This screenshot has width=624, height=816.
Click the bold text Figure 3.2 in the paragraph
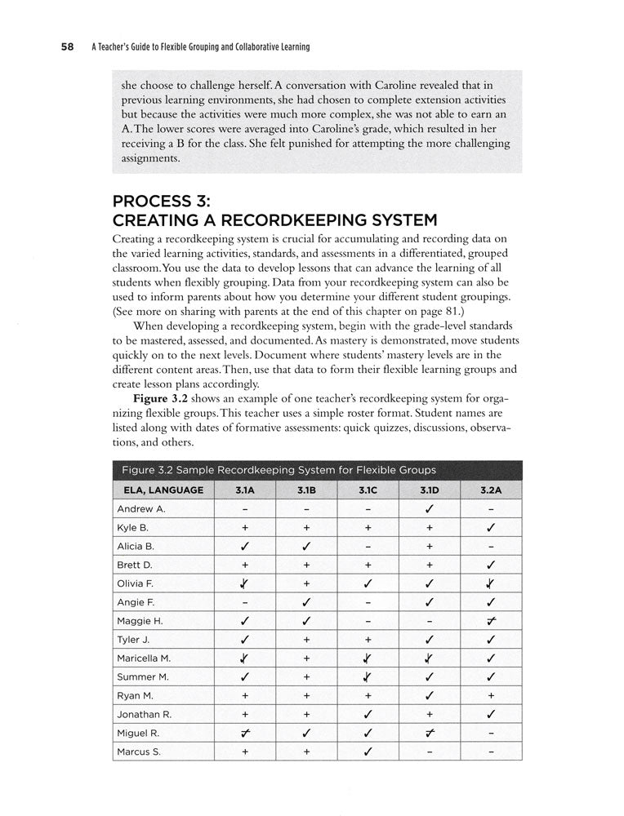tap(161, 397)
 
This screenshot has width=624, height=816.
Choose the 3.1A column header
tap(244, 490)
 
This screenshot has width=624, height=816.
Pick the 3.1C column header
tap(368, 490)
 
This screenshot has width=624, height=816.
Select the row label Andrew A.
tap(141, 509)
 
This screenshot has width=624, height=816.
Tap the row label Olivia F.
tap(136, 583)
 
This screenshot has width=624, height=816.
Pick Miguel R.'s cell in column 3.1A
tap(244, 733)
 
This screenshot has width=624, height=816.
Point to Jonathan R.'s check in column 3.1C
tap(368, 714)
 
